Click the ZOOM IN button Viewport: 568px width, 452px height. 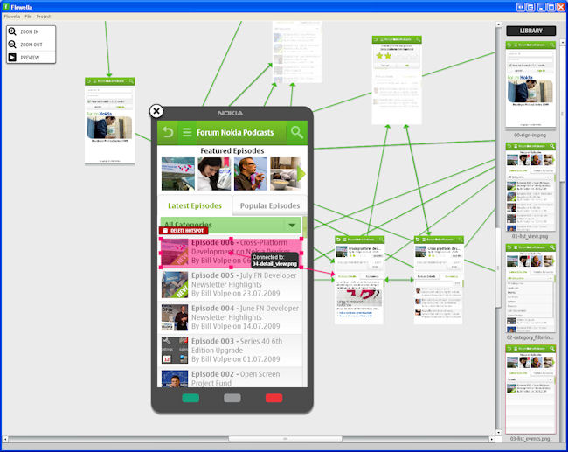tap(31, 32)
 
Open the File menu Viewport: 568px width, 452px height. tap(29, 17)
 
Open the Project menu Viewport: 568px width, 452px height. tap(44, 17)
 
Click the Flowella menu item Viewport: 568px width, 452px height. tap(12, 17)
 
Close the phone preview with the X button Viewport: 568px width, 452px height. tap(156, 111)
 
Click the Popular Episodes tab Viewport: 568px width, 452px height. tap(268, 206)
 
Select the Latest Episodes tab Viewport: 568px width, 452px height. tap(195, 206)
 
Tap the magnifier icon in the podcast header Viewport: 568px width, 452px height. tap(297, 133)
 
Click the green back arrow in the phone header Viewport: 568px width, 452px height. tap(168, 133)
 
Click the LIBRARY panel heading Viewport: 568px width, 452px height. tap(530, 31)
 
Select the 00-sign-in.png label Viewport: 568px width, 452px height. tap(530, 136)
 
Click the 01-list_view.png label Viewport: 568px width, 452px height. tap(530, 236)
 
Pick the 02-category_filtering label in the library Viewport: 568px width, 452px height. tap(530, 337)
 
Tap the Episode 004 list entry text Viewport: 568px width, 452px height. tap(244, 314)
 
